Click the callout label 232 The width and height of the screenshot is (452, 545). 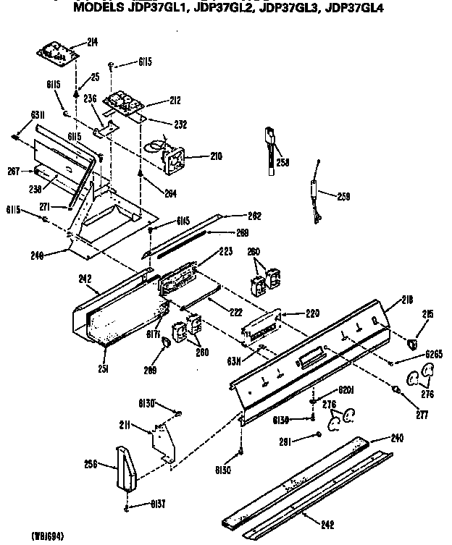pyautogui.click(x=179, y=124)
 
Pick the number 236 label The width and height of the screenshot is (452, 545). pyautogui.click(x=90, y=99)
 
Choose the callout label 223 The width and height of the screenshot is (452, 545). pyautogui.click(x=225, y=250)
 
